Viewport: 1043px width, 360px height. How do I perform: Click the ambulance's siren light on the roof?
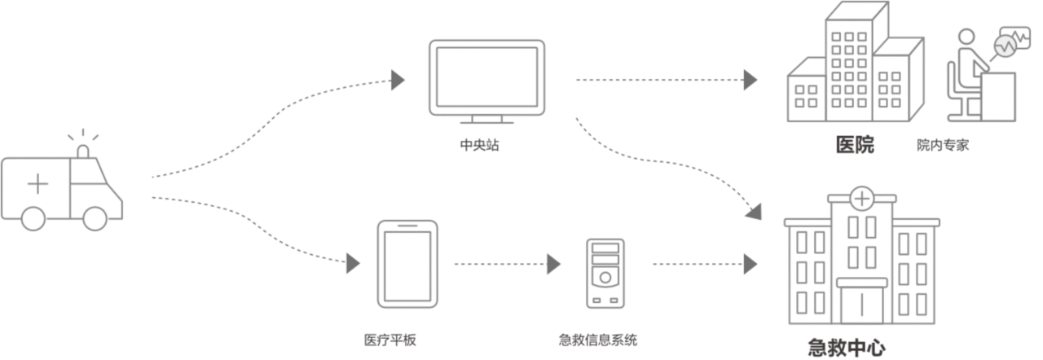(84, 153)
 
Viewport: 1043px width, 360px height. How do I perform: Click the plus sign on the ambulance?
(37, 185)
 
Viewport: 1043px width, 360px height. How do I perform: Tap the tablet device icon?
(407, 264)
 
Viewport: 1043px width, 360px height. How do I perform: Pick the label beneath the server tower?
(598, 340)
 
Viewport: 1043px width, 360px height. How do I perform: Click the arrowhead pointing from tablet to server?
(555, 264)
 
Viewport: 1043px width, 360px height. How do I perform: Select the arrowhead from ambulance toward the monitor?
(397, 79)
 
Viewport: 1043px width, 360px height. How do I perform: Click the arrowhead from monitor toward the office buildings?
(750, 80)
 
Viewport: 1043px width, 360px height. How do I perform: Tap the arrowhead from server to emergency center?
(750, 264)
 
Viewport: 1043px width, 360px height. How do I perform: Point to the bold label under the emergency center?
(846, 349)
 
